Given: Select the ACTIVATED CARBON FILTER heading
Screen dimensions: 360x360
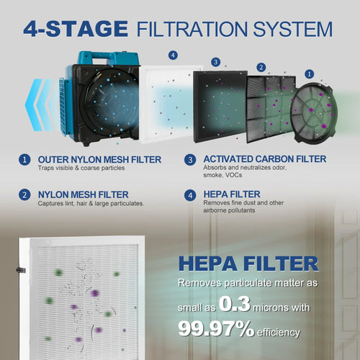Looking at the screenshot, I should pos(265,158).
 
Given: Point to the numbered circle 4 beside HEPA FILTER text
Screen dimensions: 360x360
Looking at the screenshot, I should pos(190,194).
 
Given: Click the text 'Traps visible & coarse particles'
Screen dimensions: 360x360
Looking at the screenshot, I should pos(76,168).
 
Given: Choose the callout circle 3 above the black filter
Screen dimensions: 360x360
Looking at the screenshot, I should pos(215,62).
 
